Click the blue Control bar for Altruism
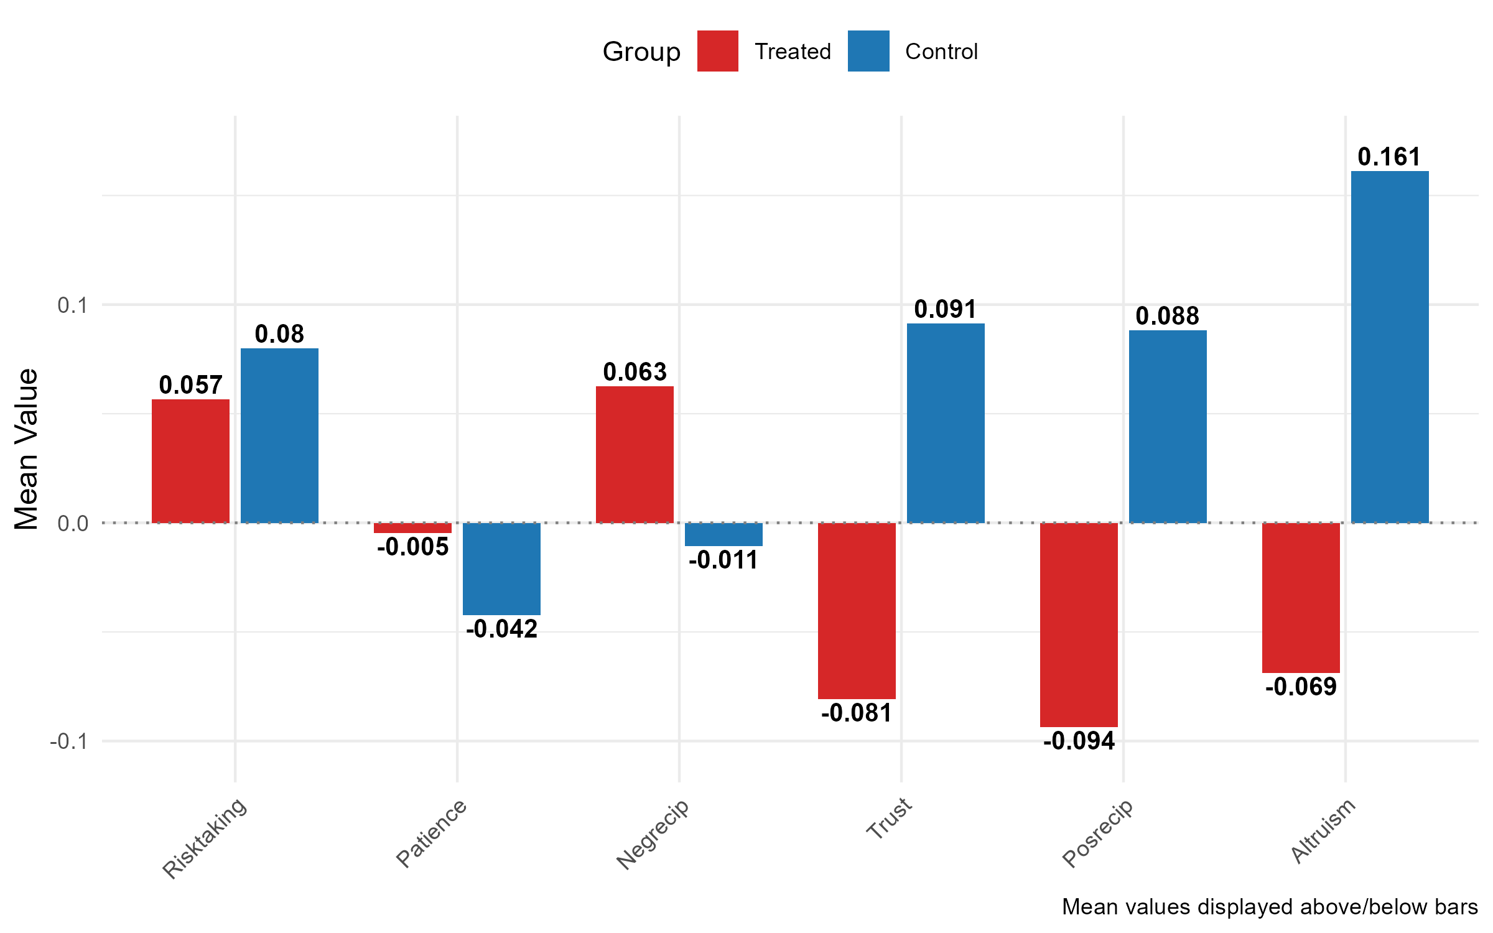(1390, 346)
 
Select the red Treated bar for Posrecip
(1079, 624)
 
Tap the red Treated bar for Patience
(412, 528)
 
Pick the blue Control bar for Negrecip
(723, 534)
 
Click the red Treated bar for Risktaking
(190, 461)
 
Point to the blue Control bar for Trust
(946, 423)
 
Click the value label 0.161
(1389, 157)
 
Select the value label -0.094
(1079, 741)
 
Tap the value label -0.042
(501, 629)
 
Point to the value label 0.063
(635, 372)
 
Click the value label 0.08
(279, 334)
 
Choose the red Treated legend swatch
(717, 51)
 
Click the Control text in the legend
(941, 52)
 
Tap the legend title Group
(641, 52)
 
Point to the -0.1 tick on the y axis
(68, 741)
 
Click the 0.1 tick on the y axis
(72, 305)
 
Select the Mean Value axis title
(26, 449)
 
